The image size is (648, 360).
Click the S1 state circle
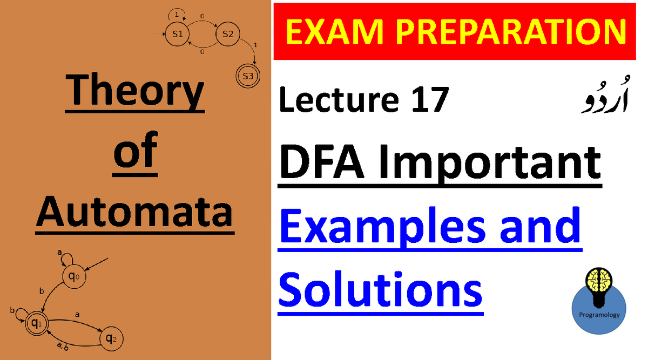[178, 34]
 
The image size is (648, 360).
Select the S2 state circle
[227, 34]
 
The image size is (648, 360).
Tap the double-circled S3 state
[248, 76]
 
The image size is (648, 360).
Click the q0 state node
[74, 277]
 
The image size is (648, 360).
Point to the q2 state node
[111, 339]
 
